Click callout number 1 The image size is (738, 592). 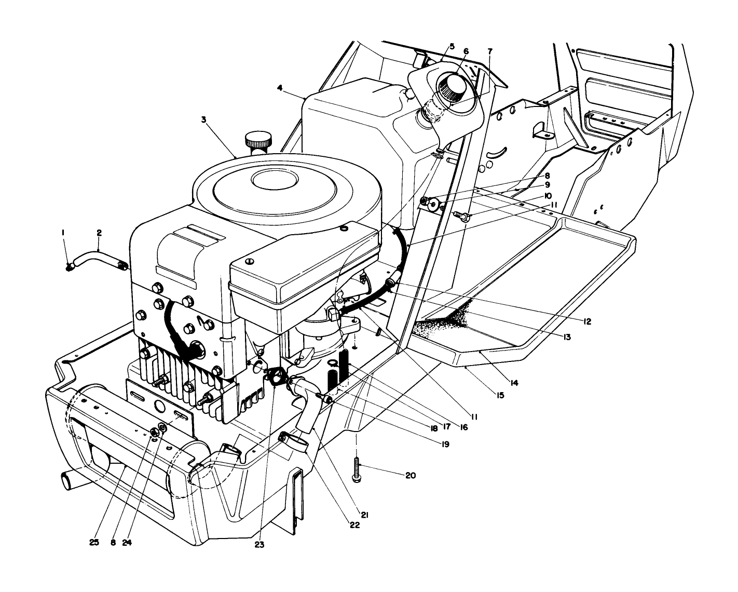(63, 234)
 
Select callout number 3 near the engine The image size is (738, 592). (204, 119)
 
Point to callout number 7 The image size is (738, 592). (490, 51)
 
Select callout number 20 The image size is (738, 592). (411, 475)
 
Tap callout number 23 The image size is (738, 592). (259, 545)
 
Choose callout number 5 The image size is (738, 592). (452, 46)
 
